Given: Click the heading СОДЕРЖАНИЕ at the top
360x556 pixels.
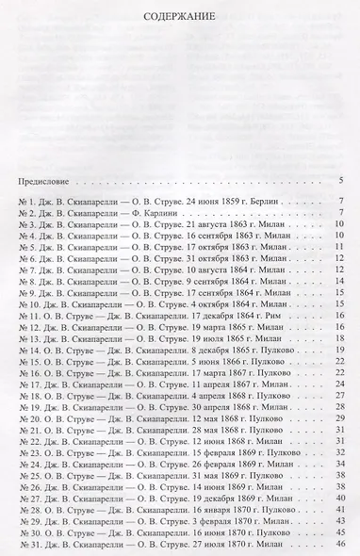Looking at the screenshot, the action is pyautogui.click(x=180, y=16).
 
